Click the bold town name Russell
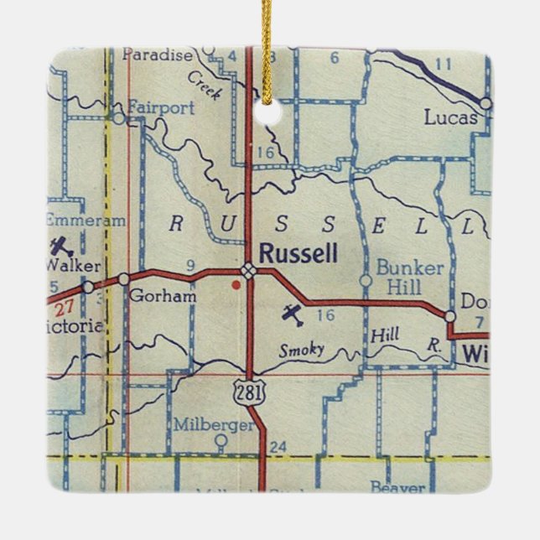tap(299, 252)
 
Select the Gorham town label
tap(164, 295)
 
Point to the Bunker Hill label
tap(409, 277)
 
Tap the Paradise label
tap(157, 55)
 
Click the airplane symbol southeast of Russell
tap(291, 315)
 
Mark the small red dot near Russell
tap(236, 285)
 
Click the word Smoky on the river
tap(302, 350)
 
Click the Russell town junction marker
tap(249, 269)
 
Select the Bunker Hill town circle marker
tap(365, 279)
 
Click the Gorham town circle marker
tap(124, 278)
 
